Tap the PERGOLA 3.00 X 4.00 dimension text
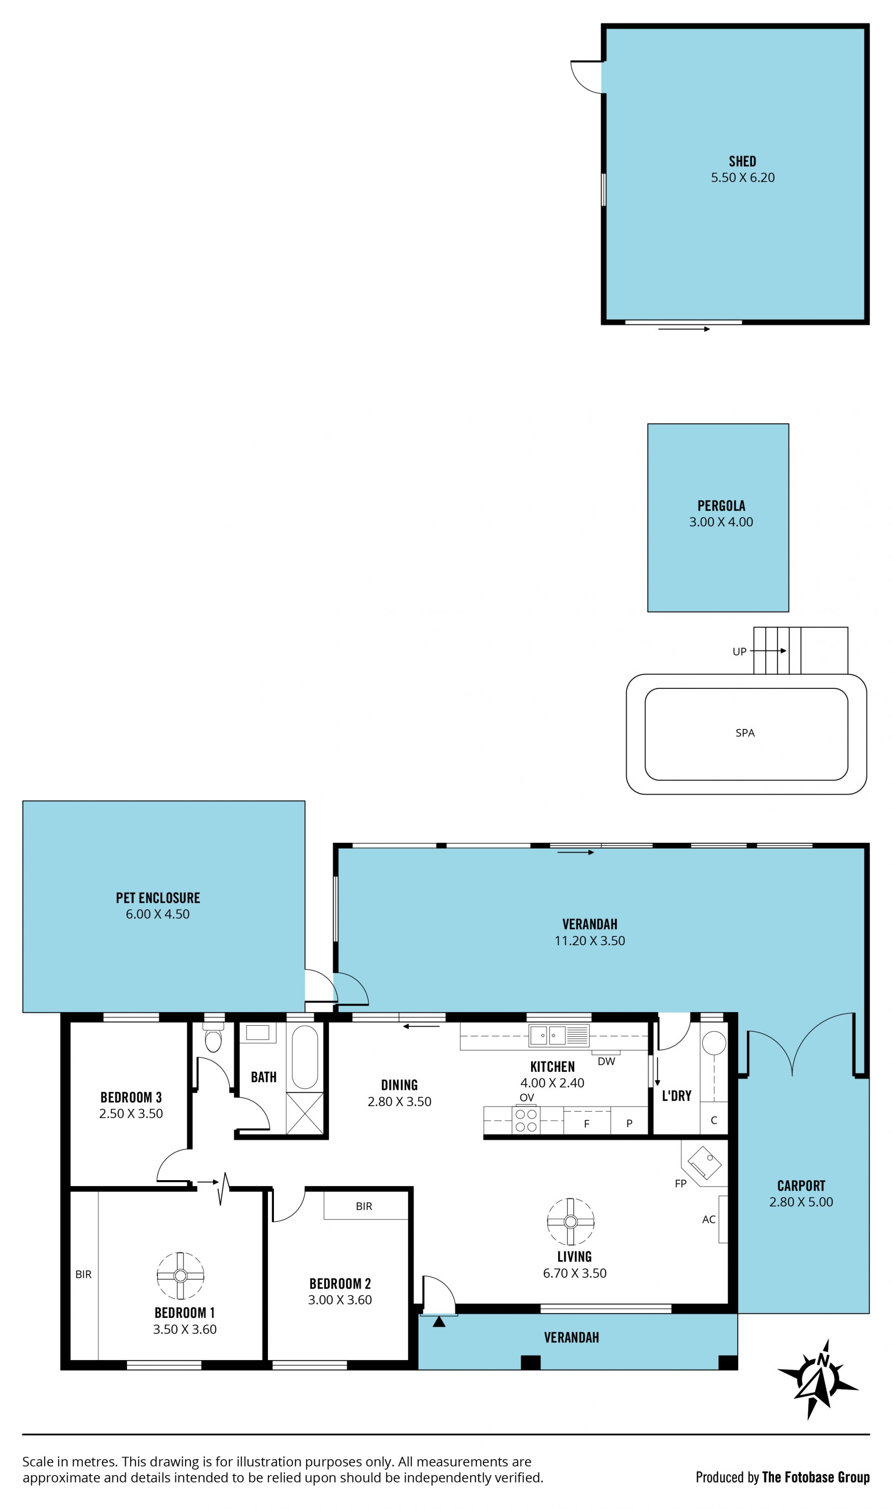pyautogui.click(x=721, y=521)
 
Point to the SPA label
pyautogui.click(x=745, y=733)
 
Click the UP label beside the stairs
pyautogui.click(x=740, y=652)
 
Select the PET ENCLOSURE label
pyautogui.click(x=158, y=898)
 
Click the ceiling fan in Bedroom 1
pyautogui.click(x=180, y=1275)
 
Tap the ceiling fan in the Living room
pyautogui.click(x=571, y=1222)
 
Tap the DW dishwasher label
pyautogui.click(x=606, y=1062)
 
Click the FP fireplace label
pyautogui.click(x=680, y=1183)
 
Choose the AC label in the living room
pyautogui.click(x=709, y=1220)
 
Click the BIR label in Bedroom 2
pyautogui.click(x=364, y=1206)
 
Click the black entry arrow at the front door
pyautogui.click(x=439, y=1322)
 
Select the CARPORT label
pyautogui.click(x=801, y=1186)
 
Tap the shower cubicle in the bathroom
pyautogui.click(x=305, y=1114)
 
